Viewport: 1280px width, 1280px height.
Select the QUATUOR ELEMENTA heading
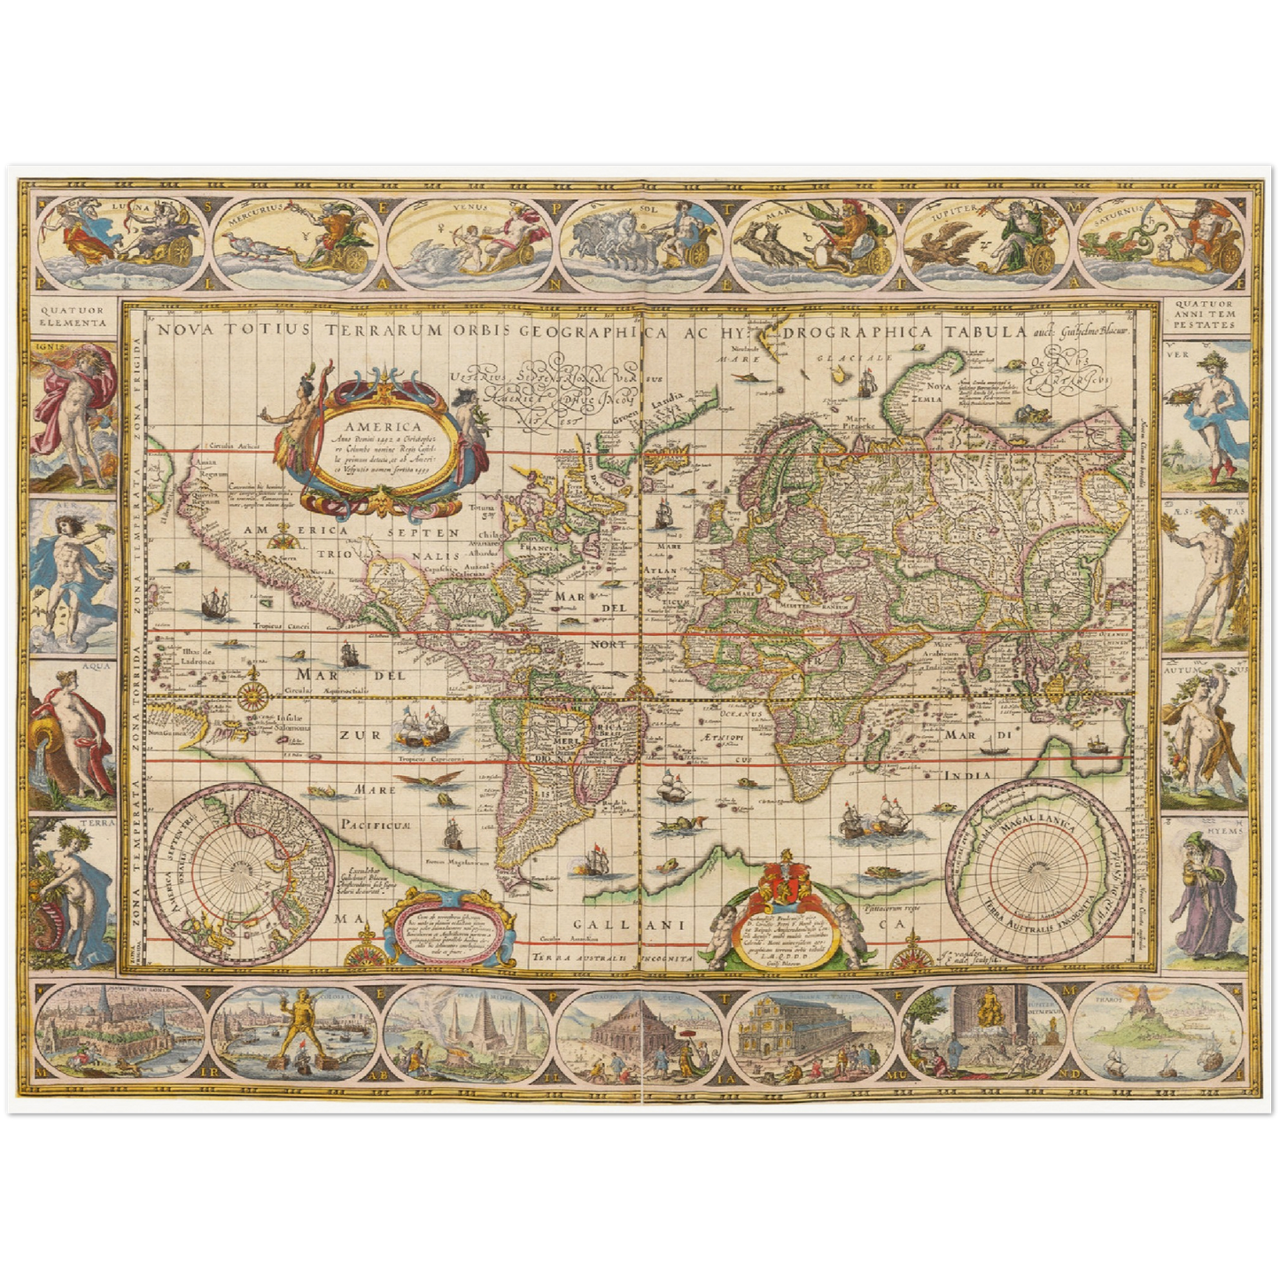pyautogui.click(x=73, y=317)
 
